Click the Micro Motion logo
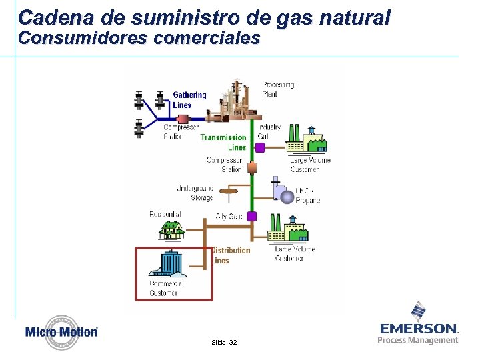tap(61, 331)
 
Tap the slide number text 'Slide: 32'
tap(223, 342)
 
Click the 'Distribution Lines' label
tap(231, 255)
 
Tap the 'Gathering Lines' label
tap(189, 100)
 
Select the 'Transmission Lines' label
tap(223, 142)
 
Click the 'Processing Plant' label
tap(277, 89)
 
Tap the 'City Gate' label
tap(229, 217)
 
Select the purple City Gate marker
tap(252, 216)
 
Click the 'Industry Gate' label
tap(269, 131)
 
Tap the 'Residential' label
tap(165, 214)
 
